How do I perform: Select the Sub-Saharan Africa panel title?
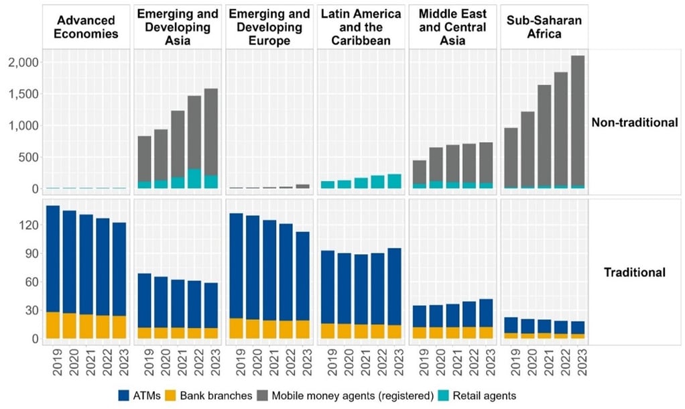544,27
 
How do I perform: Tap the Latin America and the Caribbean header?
361,27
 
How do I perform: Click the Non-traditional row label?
635,122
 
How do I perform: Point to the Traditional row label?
635,272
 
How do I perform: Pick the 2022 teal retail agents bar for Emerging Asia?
194,179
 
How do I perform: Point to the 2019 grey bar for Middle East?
419,172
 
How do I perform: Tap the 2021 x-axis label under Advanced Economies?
86,362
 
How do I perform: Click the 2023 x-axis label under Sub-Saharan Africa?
578,362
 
